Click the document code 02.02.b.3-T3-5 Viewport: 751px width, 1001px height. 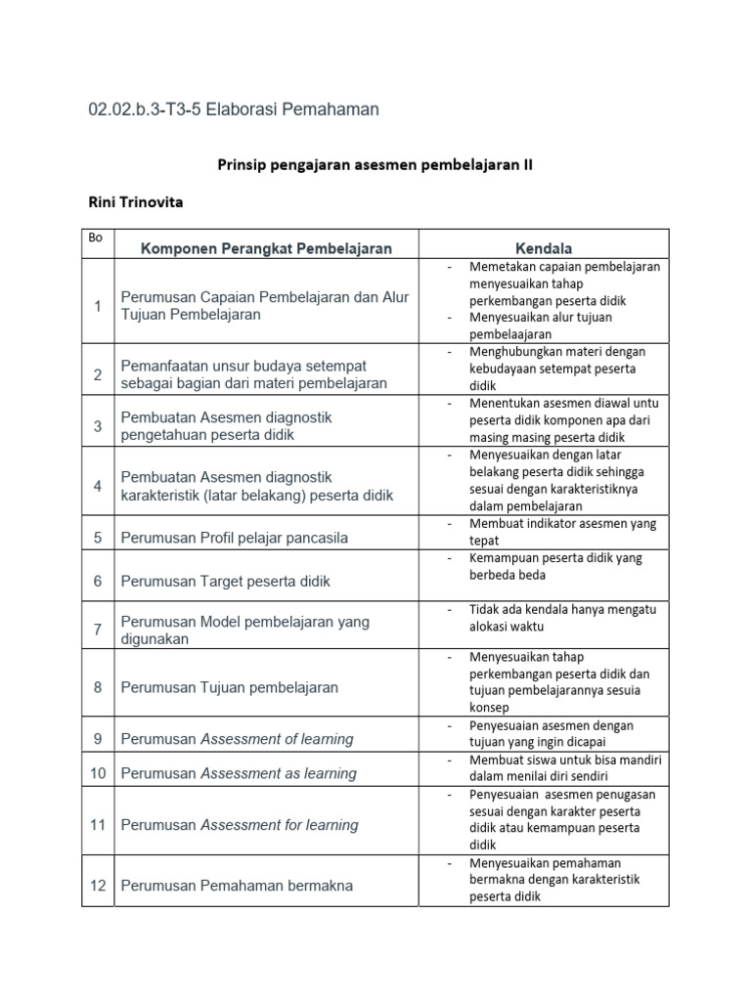154,109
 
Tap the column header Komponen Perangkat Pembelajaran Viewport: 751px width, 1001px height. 266,248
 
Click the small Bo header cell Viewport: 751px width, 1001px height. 95,238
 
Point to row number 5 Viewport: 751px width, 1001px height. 98,538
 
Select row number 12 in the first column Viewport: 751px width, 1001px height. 98,886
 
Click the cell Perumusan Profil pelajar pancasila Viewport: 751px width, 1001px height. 235,538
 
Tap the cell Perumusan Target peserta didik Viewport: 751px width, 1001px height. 226,581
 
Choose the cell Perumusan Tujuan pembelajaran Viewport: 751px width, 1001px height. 230,687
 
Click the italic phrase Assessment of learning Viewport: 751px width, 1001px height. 277,739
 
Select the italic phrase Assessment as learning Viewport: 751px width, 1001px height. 279,773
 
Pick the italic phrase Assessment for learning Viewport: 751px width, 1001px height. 280,825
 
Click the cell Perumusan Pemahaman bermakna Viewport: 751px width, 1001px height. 237,886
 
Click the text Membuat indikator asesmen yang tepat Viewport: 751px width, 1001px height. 563,532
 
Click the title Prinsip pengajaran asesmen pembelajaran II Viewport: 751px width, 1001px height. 375,165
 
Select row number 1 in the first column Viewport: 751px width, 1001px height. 98,306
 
